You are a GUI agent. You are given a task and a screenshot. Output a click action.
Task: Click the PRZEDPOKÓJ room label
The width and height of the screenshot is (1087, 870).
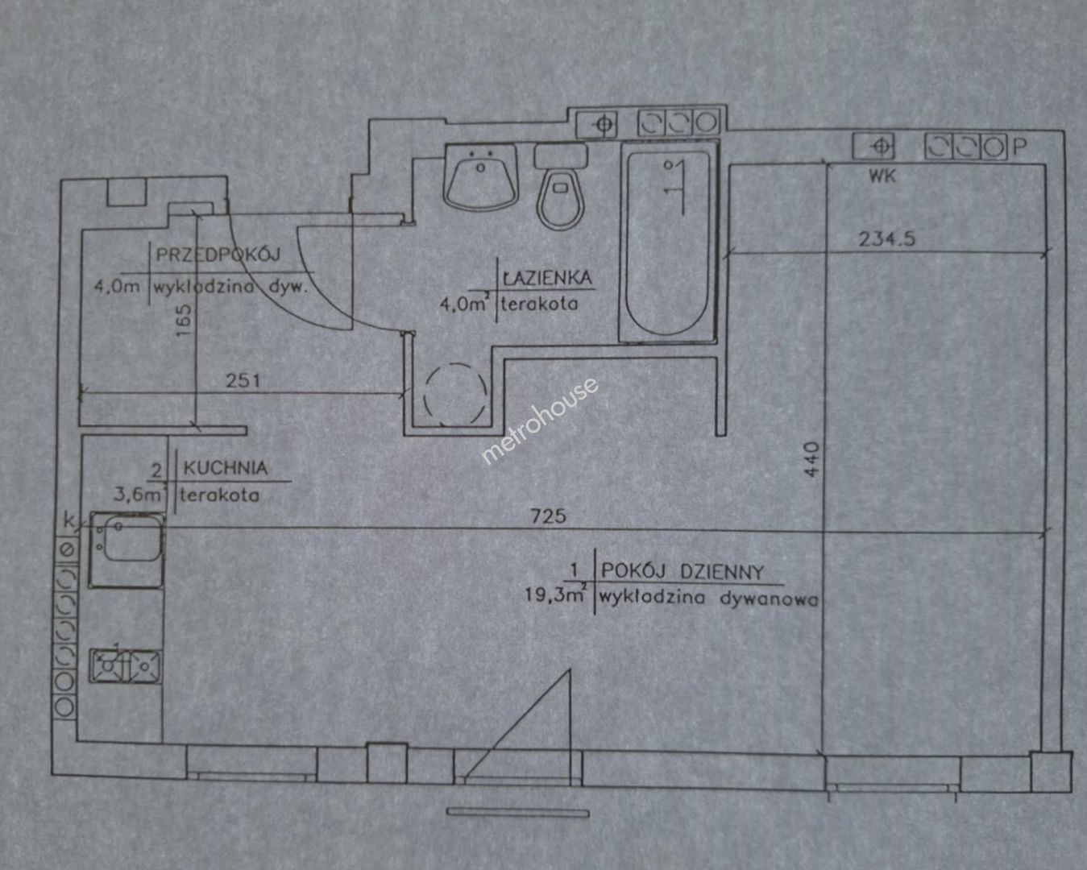point(218,255)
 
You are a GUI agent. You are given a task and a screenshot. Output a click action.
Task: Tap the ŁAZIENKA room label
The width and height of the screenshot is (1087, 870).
point(547,278)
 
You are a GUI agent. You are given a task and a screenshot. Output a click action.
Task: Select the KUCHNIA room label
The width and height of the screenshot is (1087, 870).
point(225,468)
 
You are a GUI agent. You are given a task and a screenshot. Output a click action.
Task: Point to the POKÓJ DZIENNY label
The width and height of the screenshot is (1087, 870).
point(682,572)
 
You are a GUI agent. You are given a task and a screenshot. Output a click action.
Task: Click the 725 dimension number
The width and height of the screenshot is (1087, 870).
point(548,516)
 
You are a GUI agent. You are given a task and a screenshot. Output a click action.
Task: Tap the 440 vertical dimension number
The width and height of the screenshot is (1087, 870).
point(811,459)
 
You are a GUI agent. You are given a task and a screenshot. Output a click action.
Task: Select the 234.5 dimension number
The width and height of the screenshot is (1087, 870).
point(887,238)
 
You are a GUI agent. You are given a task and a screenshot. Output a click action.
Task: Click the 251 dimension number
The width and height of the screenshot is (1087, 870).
point(243,380)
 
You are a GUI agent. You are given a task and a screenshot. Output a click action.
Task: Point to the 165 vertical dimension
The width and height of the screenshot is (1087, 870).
point(184,320)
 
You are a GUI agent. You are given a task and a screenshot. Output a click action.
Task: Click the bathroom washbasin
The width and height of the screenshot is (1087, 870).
point(481,177)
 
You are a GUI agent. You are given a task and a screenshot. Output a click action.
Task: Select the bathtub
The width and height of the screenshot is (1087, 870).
point(668,242)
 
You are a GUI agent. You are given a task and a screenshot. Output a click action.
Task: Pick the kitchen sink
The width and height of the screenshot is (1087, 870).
point(127,550)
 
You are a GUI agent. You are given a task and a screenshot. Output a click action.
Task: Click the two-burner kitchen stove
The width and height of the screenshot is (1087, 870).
point(125,666)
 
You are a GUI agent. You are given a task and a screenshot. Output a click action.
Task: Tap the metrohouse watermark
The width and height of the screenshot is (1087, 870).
point(539,420)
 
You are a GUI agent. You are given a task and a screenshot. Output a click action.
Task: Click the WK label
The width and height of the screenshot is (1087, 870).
point(882,176)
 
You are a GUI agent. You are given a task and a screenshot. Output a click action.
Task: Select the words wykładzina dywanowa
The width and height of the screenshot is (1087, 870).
point(707,598)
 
